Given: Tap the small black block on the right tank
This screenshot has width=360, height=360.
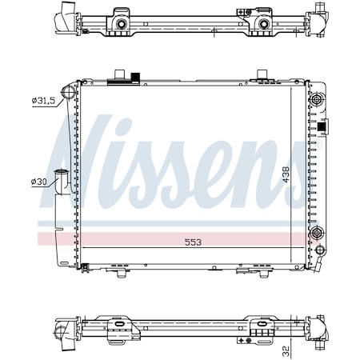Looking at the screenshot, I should (x=324, y=126).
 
